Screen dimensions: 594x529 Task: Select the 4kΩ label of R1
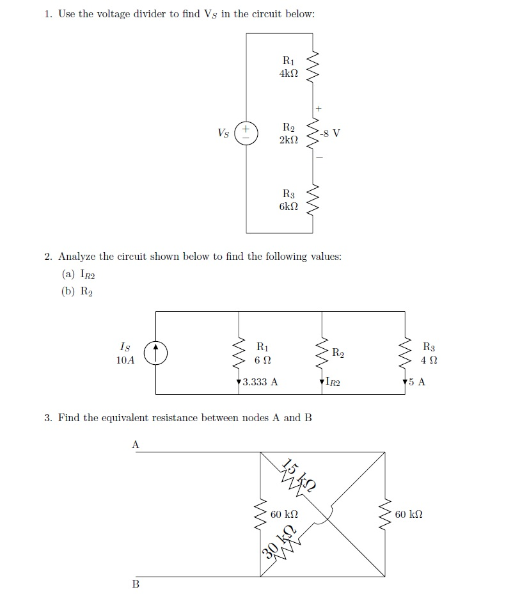288,74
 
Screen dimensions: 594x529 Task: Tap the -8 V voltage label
331,133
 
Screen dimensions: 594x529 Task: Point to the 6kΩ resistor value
288,206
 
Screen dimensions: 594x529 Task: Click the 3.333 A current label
260,383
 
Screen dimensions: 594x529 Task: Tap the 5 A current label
417,383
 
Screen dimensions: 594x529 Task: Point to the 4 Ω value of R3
429,360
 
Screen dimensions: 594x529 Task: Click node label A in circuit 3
135,444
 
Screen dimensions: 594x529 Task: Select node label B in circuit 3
135,584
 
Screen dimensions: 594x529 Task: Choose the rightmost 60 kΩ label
409,514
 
